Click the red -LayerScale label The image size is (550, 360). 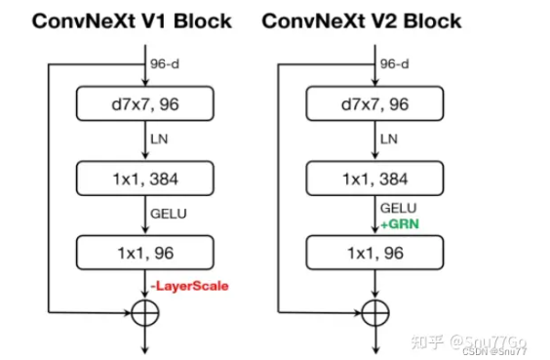[191, 285]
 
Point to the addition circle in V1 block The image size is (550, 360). [143, 313]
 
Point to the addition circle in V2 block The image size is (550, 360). [375, 313]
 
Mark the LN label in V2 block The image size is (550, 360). [390, 140]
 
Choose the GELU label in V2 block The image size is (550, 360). [397, 208]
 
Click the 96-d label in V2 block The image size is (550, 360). [395, 65]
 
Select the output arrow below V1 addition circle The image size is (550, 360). [143, 340]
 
